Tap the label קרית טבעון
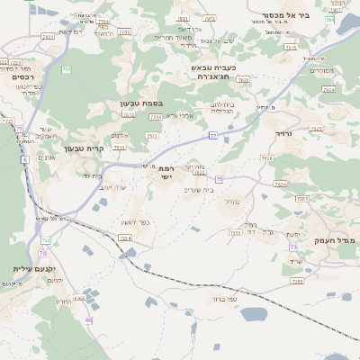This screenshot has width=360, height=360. [x=84, y=148]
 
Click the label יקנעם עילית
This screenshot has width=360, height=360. [x=34, y=269]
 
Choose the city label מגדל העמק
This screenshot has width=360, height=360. [x=335, y=241]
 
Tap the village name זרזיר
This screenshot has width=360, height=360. [x=285, y=133]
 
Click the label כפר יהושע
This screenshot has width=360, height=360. [x=134, y=223]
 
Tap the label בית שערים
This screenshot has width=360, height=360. [x=199, y=189]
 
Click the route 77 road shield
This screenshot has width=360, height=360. [x=213, y=135]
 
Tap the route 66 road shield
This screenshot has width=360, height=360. [x=89, y=319]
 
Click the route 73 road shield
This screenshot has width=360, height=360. [x=293, y=247]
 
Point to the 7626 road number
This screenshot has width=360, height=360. [x=266, y=158]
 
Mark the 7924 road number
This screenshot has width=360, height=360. [x=329, y=91]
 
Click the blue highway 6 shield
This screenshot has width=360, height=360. [x=25, y=159]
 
